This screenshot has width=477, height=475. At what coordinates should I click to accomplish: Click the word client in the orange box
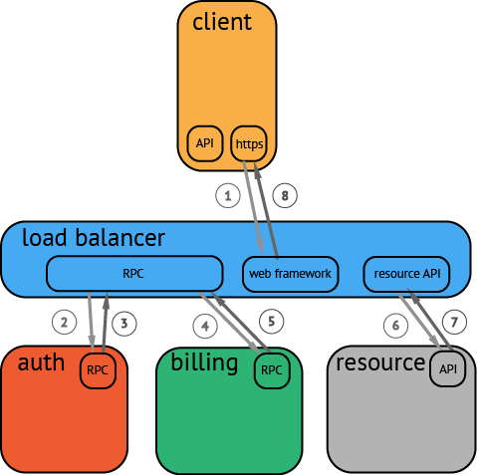coord(222,22)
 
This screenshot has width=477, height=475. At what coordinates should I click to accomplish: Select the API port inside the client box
coord(204,143)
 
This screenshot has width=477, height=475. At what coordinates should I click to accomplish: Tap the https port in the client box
coord(249,143)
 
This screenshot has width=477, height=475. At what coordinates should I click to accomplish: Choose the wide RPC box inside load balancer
coord(134,273)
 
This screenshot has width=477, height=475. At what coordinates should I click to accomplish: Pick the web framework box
coord(291,273)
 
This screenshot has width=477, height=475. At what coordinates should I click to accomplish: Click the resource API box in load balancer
coord(406,273)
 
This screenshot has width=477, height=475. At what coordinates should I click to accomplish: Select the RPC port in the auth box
coord(98,369)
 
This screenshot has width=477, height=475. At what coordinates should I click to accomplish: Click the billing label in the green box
coord(204,361)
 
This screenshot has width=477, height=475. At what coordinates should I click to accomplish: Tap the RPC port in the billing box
coord(271,369)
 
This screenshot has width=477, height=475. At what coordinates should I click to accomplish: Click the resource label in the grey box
coord(380,361)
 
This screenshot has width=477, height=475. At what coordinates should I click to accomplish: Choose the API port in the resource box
coord(447,369)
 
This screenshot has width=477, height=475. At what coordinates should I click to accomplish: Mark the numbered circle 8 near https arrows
coord(286,197)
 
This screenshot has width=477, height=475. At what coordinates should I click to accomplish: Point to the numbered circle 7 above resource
coord(454,323)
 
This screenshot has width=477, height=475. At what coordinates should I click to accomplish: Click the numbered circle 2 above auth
coord(65,323)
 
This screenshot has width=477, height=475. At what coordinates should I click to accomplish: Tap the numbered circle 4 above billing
coord(206,325)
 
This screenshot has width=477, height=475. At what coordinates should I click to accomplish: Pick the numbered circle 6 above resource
coord(395,323)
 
